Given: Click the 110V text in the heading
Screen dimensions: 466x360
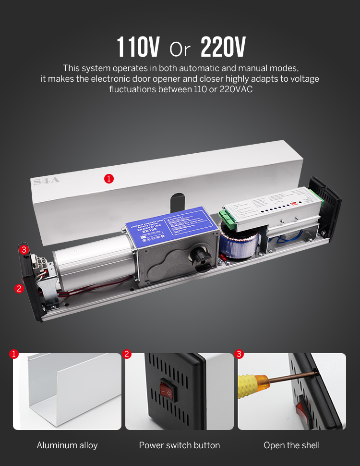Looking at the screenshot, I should (139, 47).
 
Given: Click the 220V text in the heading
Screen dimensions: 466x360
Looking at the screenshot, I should (223, 47).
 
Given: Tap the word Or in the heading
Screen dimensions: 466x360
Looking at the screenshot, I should (180, 49).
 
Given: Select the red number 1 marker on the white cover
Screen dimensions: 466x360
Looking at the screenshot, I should (109, 179).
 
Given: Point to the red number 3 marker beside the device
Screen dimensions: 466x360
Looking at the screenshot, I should (24, 249).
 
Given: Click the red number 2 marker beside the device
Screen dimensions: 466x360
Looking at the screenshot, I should (19, 289).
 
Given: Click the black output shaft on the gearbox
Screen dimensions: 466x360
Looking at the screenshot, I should (199, 258).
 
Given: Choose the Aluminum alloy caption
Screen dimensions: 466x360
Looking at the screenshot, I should (67, 445).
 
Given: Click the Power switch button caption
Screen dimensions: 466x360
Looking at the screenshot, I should (180, 445).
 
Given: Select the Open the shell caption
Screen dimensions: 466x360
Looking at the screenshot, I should (292, 445).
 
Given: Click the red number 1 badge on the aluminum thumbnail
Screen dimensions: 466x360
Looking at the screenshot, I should (14, 355).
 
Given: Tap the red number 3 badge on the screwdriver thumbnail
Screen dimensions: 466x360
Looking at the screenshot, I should (240, 355).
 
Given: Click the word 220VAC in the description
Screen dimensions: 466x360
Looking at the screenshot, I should (236, 89).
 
